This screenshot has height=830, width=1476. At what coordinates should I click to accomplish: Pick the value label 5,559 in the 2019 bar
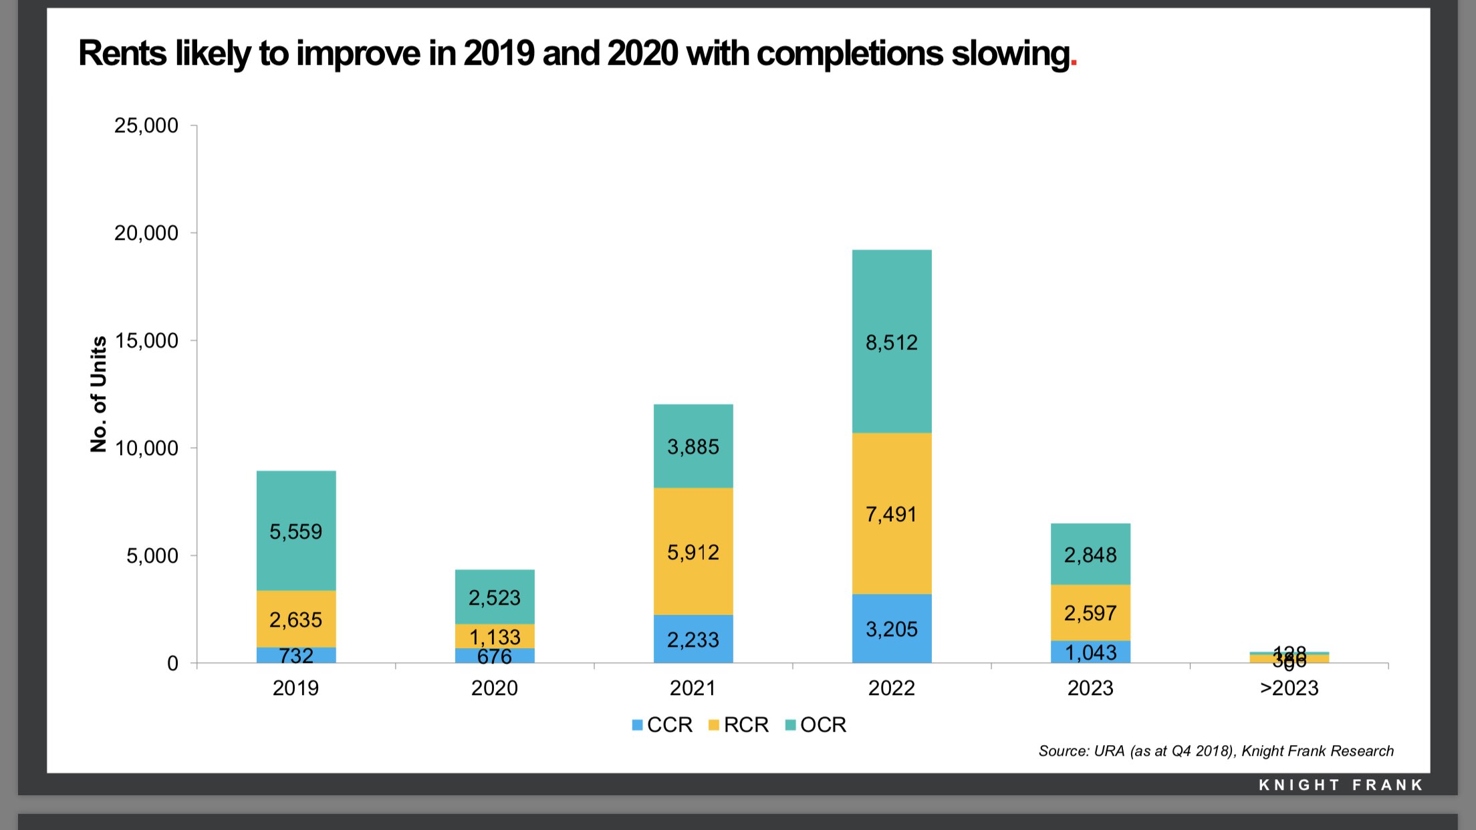click(295, 532)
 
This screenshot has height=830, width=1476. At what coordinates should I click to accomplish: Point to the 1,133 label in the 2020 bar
click(494, 637)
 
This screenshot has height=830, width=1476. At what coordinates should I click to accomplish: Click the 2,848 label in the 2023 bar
click(1090, 555)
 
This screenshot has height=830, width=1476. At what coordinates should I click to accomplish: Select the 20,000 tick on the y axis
click(146, 233)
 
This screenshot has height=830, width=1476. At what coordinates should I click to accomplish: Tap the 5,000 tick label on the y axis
click(152, 556)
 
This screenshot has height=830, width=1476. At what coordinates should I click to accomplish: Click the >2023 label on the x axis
click(1289, 688)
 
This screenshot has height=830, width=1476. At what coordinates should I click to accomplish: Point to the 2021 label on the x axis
click(693, 688)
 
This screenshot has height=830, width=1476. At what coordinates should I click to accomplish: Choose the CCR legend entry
click(662, 725)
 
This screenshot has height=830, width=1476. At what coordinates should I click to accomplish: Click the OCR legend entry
click(816, 725)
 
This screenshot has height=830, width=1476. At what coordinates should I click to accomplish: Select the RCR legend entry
click(739, 725)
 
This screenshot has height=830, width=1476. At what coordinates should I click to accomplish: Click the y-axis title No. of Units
click(98, 394)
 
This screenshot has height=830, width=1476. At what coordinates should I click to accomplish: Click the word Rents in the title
click(122, 53)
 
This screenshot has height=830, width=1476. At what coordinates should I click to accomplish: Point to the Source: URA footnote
click(1215, 751)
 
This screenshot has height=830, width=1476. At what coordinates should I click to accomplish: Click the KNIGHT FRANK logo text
click(1340, 785)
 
